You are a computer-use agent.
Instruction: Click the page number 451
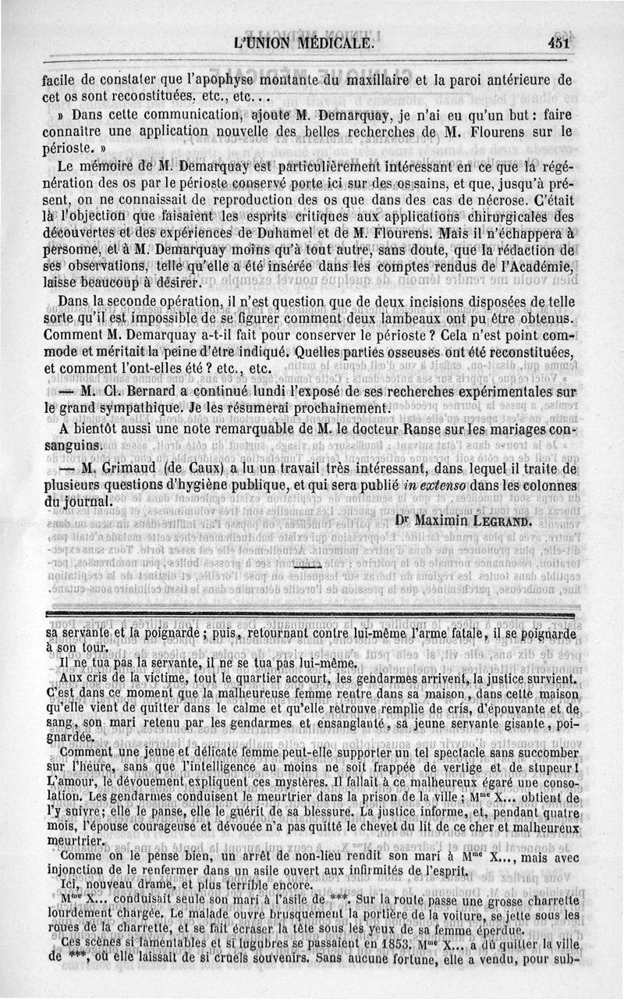(559, 44)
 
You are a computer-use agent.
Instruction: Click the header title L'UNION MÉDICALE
(301, 44)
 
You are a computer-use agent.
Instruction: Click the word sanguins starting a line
(73, 445)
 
